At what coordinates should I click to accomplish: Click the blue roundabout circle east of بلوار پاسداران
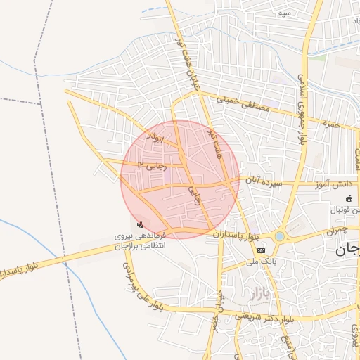(x=280, y=236)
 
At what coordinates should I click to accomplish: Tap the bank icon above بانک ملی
(x=261, y=250)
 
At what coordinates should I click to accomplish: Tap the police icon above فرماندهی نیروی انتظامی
(x=141, y=224)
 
